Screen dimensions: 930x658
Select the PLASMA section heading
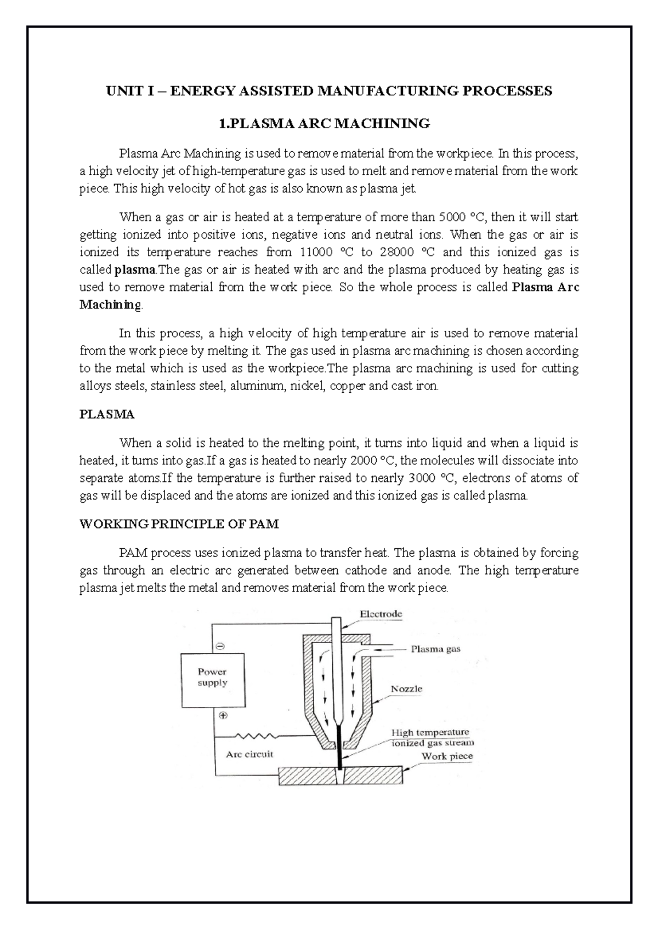(107, 415)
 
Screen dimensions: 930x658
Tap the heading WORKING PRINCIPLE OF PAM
(179, 524)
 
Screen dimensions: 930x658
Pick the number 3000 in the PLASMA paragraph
(423, 478)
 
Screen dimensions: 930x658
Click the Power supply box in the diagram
(212, 678)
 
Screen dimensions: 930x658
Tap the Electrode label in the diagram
(381, 614)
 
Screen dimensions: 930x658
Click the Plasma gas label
(435, 649)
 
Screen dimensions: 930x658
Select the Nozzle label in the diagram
(406, 689)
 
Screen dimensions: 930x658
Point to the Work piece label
(447, 756)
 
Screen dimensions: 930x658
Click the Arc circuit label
(249, 754)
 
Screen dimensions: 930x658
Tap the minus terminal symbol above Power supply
(220, 647)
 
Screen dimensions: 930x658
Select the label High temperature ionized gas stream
(432, 738)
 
